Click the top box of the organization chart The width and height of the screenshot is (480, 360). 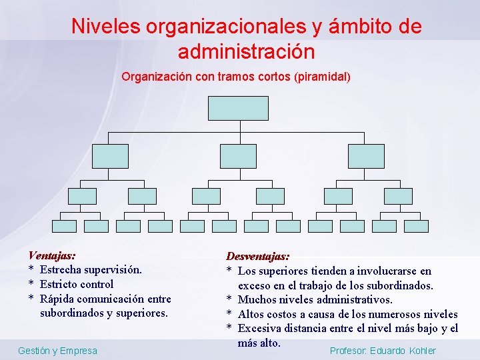coord(238,108)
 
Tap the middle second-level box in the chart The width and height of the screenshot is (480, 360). coord(238,156)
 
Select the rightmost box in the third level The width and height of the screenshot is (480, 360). coord(398,196)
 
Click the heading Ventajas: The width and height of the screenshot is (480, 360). coord(51,255)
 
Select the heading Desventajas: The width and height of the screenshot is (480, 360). coord(258,257)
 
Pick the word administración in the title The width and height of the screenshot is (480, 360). coord(246,51)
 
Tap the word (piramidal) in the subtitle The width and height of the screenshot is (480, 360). coord(321,77)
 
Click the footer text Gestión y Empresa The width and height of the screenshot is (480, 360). coord(57,351)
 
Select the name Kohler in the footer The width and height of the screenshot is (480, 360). coord(422,351)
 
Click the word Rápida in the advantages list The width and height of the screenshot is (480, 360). coord(57,299)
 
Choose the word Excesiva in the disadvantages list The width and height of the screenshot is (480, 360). coord(259,329)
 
